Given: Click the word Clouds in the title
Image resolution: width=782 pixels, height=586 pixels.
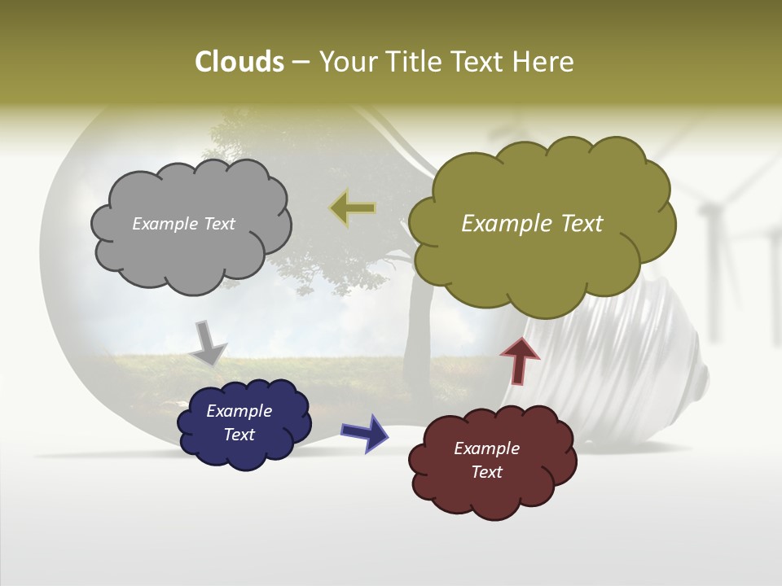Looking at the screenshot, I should pyautogui.click(x=239, y=62).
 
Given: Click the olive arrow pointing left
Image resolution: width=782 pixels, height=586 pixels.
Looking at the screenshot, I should pyautogui.click(x=353, y=208).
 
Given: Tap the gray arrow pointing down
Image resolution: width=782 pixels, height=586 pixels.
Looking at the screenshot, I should pyautogui.click(x=209, y=343).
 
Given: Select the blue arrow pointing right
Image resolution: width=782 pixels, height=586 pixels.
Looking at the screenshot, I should pyautogui.click(x=364, y=432).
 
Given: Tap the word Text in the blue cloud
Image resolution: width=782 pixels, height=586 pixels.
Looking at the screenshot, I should pyautogui.click(x=239, y=435).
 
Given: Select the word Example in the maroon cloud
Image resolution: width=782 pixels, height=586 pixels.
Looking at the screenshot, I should pyautogui.click(x=486, y=448).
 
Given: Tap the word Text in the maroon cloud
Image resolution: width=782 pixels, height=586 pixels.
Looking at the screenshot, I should pyautogui.click(x=487, y=472).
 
